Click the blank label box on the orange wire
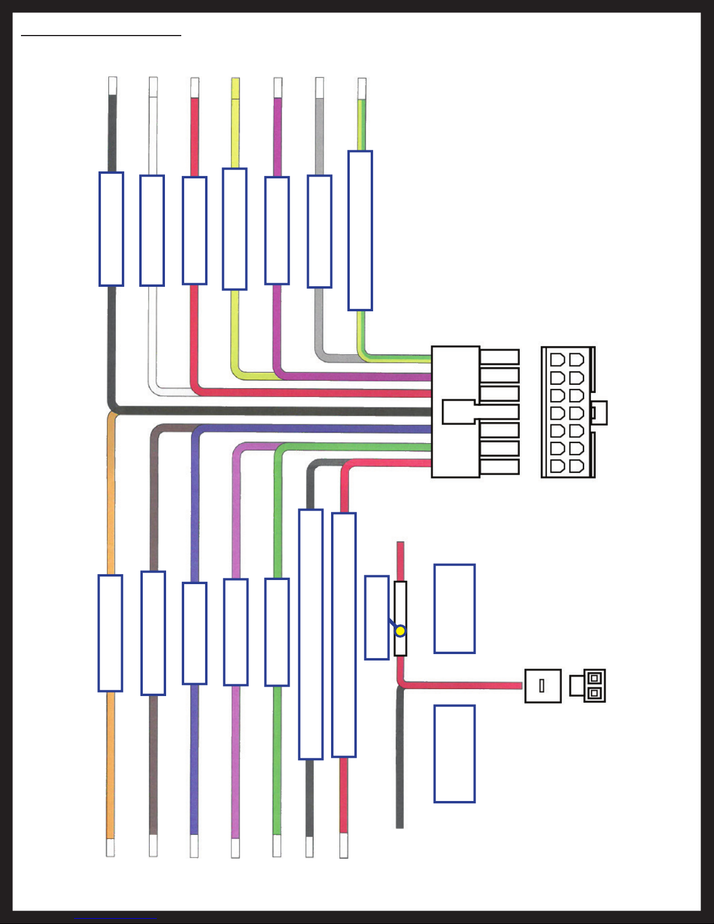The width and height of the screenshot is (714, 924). pos(110,633)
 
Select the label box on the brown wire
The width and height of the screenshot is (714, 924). pos(153,633)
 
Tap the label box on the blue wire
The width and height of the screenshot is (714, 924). pos(195,633)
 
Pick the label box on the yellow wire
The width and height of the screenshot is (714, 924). pos(234,229)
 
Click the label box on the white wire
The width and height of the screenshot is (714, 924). pos(152,231)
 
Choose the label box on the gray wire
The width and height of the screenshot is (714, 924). pos(319,231)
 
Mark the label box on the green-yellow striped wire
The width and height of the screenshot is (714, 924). pos(360,231)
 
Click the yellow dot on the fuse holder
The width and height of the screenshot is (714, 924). pos(400,631)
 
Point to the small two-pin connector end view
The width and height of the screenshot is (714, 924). pos(588,686)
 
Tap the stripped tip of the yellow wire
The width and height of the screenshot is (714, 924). pos(235,87)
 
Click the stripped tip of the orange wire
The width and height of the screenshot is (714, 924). pos(110,848)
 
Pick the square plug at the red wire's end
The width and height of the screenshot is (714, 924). pos(543,686)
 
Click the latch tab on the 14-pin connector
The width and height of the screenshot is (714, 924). pos(600,413)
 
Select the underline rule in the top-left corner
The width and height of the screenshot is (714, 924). pos(101,36)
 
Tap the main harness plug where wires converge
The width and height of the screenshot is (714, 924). pos(456,412)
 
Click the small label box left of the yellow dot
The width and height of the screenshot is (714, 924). pos(377,618)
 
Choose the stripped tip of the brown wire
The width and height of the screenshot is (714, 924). pos(153,846)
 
